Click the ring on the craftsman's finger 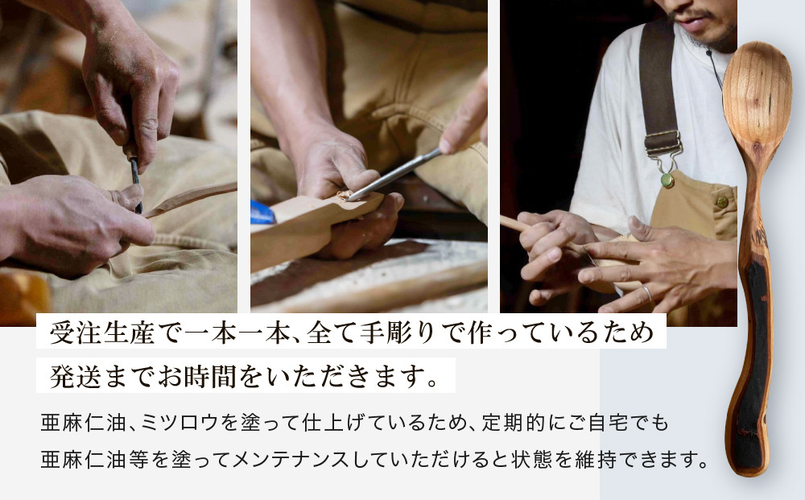[x=646, y=294]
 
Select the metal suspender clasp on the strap [x=663, y=145]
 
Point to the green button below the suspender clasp [x=667, y=180]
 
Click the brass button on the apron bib [x=722, y=201]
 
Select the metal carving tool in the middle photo [x=394, y=175]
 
